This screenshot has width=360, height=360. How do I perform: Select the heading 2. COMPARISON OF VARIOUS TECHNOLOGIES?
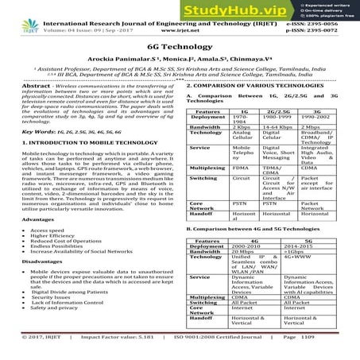click(x=251, y=84)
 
